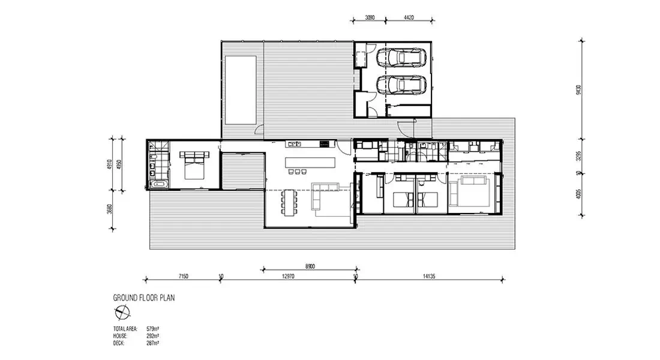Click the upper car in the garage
[x=401, y=58]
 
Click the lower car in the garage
[x=401, y=85]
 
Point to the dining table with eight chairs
[x=289, y=202]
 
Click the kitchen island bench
[x=310, y=162]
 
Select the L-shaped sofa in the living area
[x=326, y=199]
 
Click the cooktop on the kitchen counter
[x=325, y=143]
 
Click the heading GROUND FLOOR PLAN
[x=144, y=298]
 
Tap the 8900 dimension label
[x=310, y=266]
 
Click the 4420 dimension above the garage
[x=407, y=18]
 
